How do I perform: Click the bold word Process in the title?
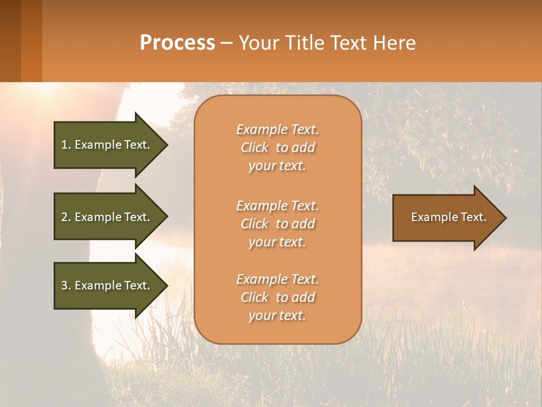[177, 43]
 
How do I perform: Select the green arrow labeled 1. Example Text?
[107, 145]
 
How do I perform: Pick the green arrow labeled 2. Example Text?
[107, 217]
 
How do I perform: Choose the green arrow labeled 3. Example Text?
[107, 285]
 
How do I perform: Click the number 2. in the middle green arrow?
[66, 217]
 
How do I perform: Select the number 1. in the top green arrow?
[66, 145]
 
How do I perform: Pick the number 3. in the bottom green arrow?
[66, 285]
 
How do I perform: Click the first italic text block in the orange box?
[277, 148]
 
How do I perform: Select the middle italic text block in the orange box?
[277, 224]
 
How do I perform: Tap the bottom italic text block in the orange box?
[277, 297]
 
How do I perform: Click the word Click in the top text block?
[254, 148]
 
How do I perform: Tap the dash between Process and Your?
[226, 44]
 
